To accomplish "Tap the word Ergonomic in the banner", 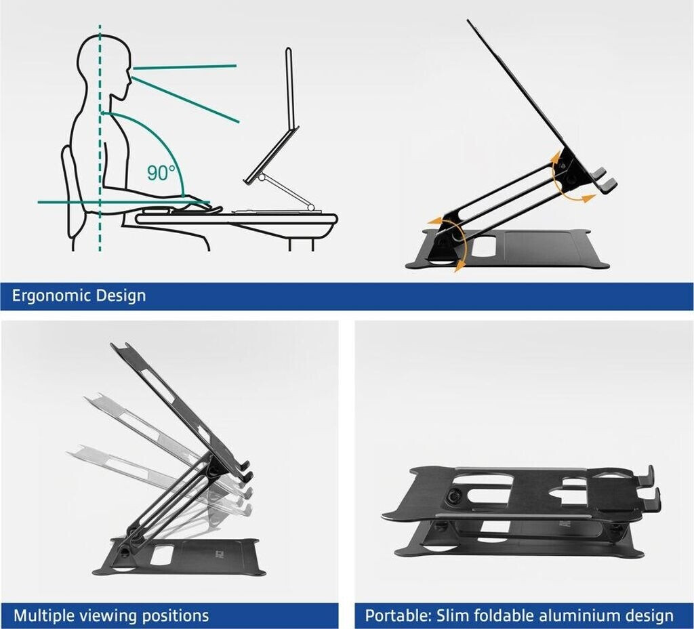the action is (x=51, y=296).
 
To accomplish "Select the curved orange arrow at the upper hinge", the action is (x=571, y=177).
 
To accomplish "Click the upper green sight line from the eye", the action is (x=184, y=67).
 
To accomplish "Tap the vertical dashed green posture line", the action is (x=100, y=138).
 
